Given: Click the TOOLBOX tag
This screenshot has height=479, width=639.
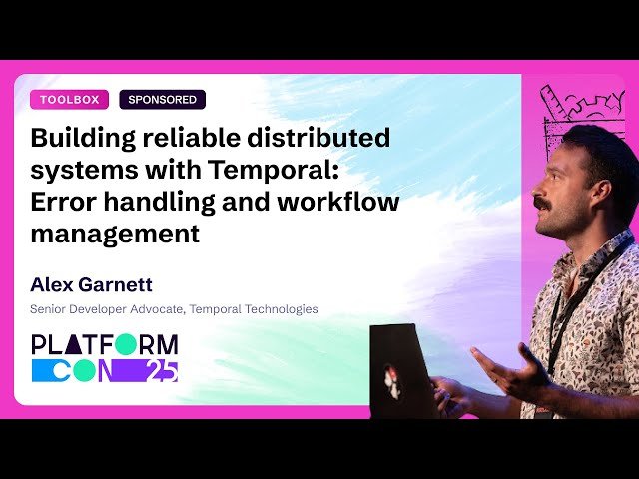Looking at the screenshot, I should pyautogui.click(x=69, y=100).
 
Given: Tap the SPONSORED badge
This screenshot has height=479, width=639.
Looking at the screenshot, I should pyautogui.click(x=162, y=100).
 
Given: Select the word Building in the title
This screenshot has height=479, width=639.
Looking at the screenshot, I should pyautogui.click(x=85, y=137).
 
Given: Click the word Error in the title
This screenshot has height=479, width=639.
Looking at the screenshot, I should pyautogui.click(x=64, y=202).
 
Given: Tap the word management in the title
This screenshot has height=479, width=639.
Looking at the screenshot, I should pyautogui.click(x=115, y=235).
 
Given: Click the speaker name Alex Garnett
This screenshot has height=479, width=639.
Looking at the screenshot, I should pyautogui.click(x=91, y=284).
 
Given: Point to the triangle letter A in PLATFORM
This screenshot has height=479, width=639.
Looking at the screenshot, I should pyautogui.click(x=76, y=345).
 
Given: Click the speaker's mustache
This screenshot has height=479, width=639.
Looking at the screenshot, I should pyautogui.click(x=540, y=203).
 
